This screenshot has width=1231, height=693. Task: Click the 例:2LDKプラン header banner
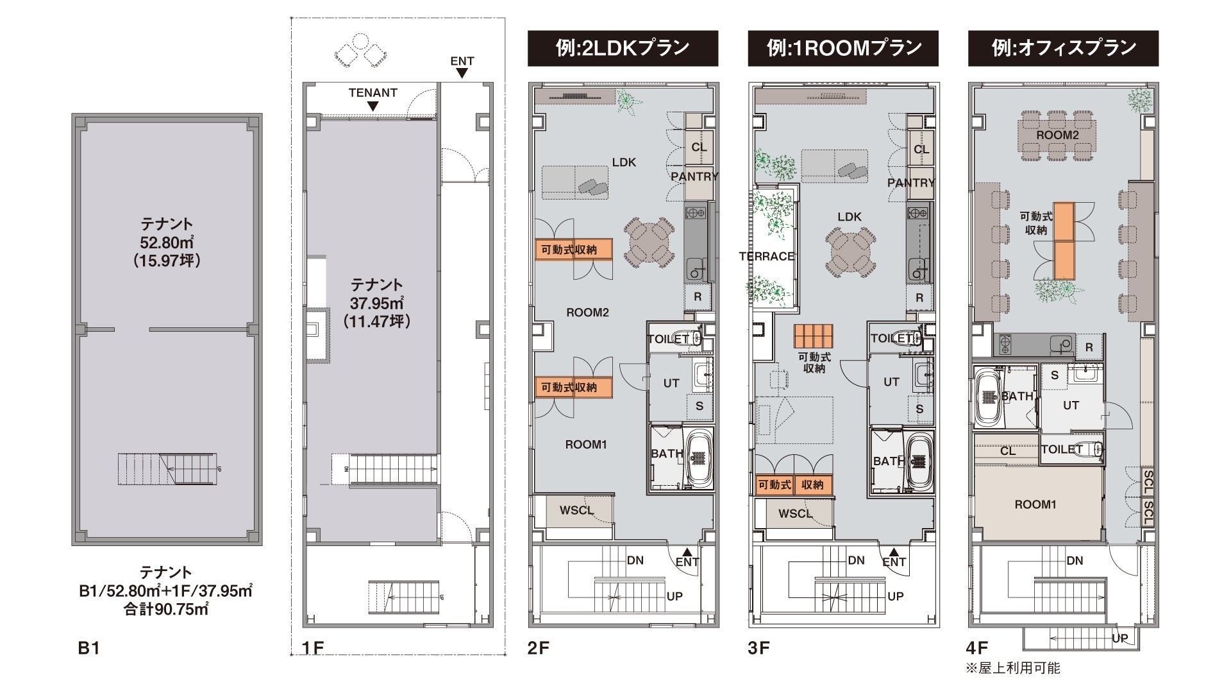point(623,48)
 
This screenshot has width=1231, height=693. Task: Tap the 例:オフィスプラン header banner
point(1063,48)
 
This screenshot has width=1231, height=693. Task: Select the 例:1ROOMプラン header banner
point(843,48)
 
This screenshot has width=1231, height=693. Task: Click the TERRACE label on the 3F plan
point(767,257)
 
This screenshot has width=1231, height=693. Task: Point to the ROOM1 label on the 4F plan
point(1035,505)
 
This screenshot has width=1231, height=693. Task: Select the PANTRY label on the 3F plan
point(910,183)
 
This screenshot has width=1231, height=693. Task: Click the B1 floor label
point(89,648)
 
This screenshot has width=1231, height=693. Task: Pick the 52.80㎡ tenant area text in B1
point(167,243)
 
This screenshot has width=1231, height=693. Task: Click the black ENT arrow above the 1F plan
point(462,74)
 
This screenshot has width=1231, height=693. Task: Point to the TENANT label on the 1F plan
point(373,92)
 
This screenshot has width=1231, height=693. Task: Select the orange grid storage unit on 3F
point(814,336)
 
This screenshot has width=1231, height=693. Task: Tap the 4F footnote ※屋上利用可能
point(1013,669)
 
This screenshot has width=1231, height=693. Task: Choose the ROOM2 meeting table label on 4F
point(1057,135)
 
